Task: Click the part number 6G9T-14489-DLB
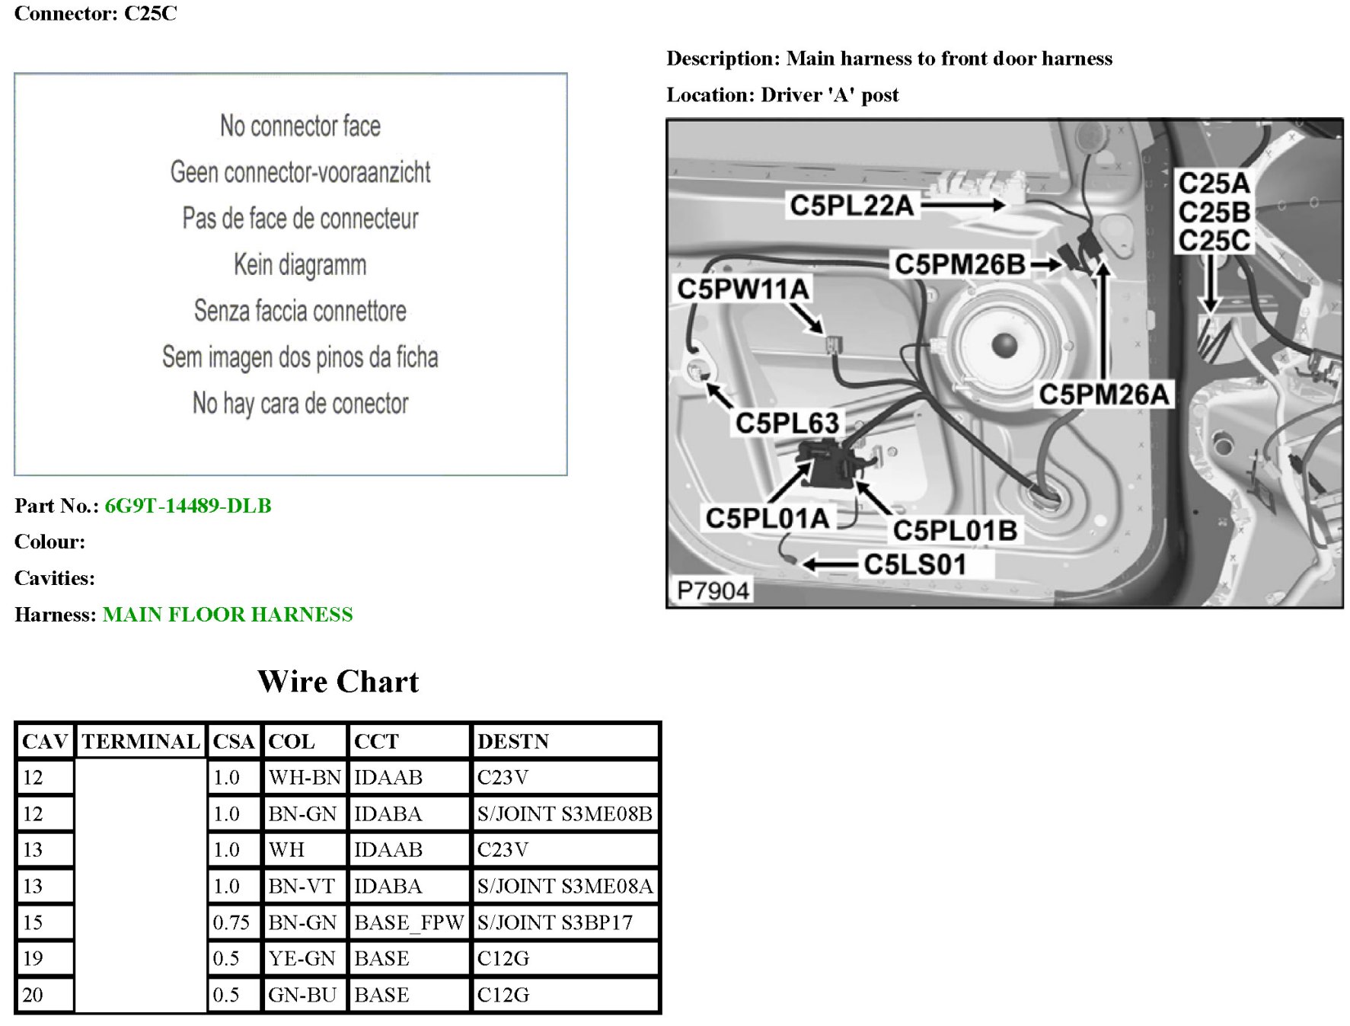[x=187, y=506]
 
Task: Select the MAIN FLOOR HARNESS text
[x=228, y=615]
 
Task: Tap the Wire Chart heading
[x=338, y=682]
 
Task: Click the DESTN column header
[x=512, y=741]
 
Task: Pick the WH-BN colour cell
[x=304, y=778]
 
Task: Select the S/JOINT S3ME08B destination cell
[x=564, y=813]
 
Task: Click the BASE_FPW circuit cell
[x=409, y=922]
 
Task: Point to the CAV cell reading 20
[x=33, y=995]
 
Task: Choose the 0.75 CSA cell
[x=231, y=922]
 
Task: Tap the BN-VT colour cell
[x=302, y=886]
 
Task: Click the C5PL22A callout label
[x=851, y=205]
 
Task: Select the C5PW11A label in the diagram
[x=743, y=289]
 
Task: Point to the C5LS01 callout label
[x=915, y=564]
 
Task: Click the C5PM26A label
[x=1104, y=395]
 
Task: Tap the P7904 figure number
[x=713, y=590]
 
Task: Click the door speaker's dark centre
[x=1004, y=345]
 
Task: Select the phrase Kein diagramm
[x=300, y=265]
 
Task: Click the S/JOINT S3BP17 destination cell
[x=555, y=922]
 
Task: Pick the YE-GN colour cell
[x=302, y=958]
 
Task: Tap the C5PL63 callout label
[x=787, y=423]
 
